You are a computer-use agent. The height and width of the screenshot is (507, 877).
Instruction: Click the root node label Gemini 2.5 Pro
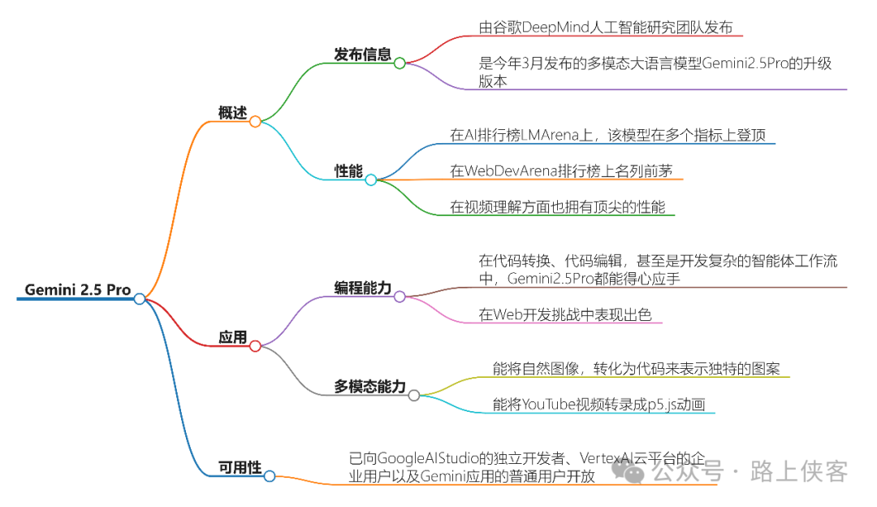coord(77,290)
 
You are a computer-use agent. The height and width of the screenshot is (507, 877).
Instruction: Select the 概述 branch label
coord(232,113)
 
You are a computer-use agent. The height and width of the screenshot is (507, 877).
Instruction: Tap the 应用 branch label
coord(233,337)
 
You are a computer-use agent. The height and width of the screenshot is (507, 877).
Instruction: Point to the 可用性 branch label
coord(240,467)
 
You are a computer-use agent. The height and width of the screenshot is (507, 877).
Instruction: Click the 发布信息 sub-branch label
coord(362,54)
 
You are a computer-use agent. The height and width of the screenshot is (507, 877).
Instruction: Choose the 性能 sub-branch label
coord(348,171)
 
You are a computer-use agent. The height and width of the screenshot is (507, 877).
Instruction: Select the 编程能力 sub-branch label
coord(362,288)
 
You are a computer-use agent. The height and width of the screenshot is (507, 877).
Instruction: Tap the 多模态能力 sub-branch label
coord(369,387)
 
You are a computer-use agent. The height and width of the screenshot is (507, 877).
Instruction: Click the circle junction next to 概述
coord(255,122)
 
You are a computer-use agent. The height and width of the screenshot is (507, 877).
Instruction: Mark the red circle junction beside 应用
coord(255,346)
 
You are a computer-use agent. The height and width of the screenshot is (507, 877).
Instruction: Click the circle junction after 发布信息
coord(400,63)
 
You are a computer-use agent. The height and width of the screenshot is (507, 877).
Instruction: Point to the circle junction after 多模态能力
coord(414,396)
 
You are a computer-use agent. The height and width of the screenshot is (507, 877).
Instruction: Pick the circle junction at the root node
coord(140,299)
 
